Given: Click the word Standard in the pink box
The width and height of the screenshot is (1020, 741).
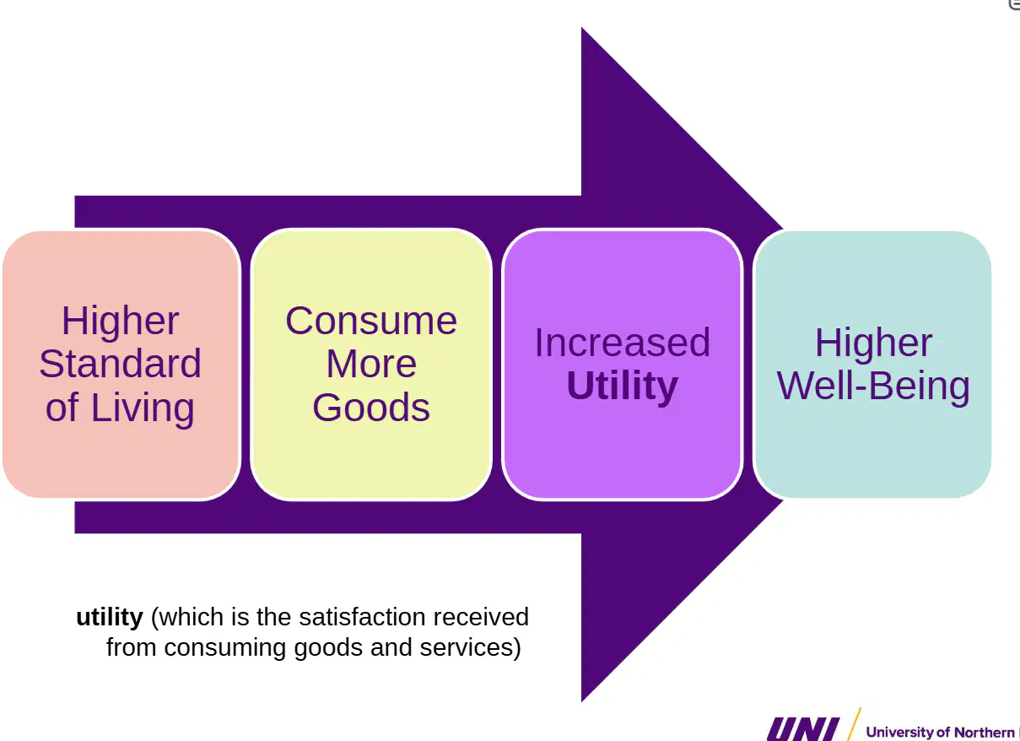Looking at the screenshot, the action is pos(120,364).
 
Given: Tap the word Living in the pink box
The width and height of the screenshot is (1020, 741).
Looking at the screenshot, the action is pos(143,408).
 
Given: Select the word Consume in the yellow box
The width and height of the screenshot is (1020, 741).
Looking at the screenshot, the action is pos(371,321).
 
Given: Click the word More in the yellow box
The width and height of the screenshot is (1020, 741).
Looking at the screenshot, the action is pos(371,364).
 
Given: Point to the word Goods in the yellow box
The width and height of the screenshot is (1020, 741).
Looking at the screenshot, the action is pos(371,407).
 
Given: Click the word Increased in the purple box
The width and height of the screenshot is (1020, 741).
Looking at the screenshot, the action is pos(623,343).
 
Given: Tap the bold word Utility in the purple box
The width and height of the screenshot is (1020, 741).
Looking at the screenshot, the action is pos(623,387).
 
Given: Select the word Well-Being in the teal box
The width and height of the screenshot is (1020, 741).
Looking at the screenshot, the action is pos(873,386).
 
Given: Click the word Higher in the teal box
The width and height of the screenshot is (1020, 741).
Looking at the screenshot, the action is pos(873,343).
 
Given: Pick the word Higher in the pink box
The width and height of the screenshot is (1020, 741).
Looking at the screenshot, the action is pos(120,321).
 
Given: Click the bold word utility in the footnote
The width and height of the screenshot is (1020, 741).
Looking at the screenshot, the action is pos(110,617).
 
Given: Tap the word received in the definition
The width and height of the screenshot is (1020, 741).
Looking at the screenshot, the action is pos(481,617).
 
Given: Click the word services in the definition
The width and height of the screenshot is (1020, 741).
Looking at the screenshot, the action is pos(467,647).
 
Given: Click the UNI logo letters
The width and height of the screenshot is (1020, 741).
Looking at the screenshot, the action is pos(802,729).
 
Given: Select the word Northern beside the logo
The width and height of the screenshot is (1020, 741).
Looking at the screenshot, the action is pos(984,733).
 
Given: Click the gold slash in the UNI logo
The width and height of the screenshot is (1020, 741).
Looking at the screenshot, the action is pos(854,724).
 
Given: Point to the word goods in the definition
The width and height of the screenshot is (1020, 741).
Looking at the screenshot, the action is pos(328,648).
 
